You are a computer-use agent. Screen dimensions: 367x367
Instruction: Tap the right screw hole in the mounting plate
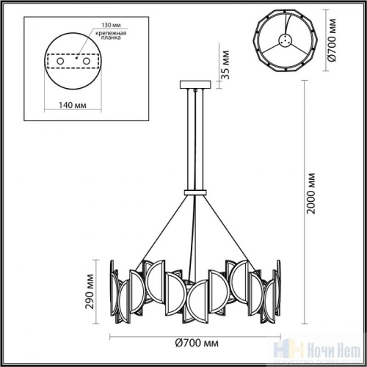tap(85, 62)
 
